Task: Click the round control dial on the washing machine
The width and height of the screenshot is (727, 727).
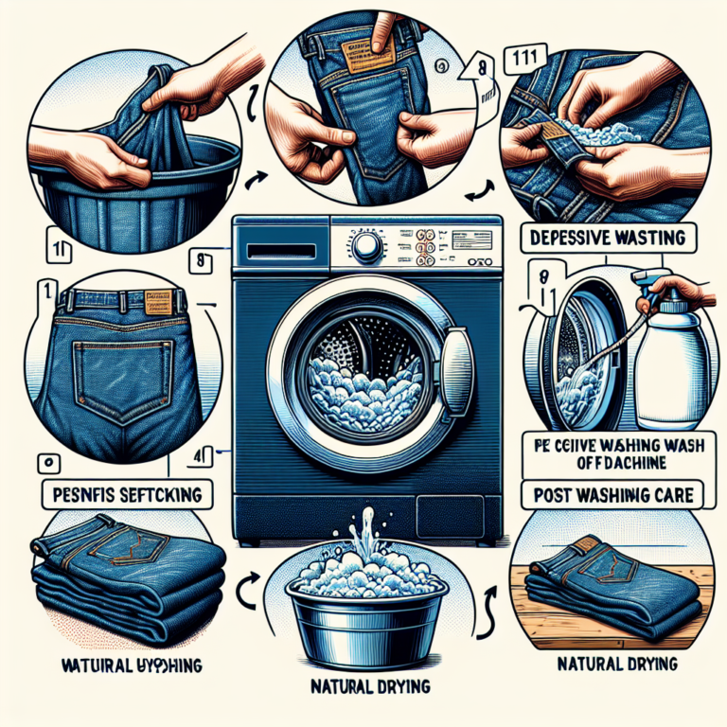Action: [369, 248]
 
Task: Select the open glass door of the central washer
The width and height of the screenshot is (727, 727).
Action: [458, 364]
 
